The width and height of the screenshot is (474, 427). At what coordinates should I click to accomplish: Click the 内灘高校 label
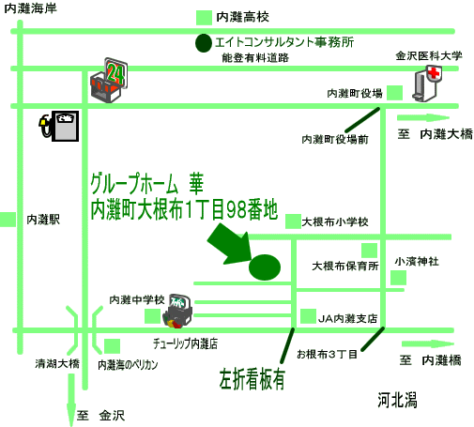[x=242, y=17]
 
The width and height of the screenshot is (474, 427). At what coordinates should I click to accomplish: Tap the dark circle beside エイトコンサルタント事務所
[x=204, y=43]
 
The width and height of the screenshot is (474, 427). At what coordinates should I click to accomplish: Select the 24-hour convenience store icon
[x=109, y=80]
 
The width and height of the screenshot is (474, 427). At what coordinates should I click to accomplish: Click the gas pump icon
[x=59, y=126]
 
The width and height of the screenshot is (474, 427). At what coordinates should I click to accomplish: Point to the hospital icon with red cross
[x=427, y=84]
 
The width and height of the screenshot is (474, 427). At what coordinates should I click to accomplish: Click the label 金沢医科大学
[x=429, y=56]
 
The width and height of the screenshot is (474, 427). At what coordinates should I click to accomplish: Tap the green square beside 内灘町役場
[x=394, y=93]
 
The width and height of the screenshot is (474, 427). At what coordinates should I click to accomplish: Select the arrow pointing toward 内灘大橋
[x=423, y=118]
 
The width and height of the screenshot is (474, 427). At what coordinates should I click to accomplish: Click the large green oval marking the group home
[x=265, y=267]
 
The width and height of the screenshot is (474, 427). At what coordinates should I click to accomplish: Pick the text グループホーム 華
[x=146, y=184]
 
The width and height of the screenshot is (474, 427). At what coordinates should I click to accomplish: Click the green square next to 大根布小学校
[x=293, y=221]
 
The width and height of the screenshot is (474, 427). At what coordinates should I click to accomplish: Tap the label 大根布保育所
[x=345, y=267]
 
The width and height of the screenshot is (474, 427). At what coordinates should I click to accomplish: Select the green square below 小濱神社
[x=398, y=278]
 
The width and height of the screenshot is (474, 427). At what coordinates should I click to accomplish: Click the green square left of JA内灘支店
[x=308, y=316]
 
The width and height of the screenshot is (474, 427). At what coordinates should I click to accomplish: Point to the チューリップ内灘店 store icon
[x=177, y=311]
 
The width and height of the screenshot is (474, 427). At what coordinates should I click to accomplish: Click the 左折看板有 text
[x=252, y=379]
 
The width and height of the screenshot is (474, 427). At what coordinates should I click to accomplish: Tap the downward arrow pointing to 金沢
[x=71, y=400]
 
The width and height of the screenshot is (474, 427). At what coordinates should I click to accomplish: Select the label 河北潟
[x=397, y=400]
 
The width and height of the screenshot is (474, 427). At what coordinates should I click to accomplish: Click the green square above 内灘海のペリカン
[x=112, y=346]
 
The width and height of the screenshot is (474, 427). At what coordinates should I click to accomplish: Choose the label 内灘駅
[x=43, y=220]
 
